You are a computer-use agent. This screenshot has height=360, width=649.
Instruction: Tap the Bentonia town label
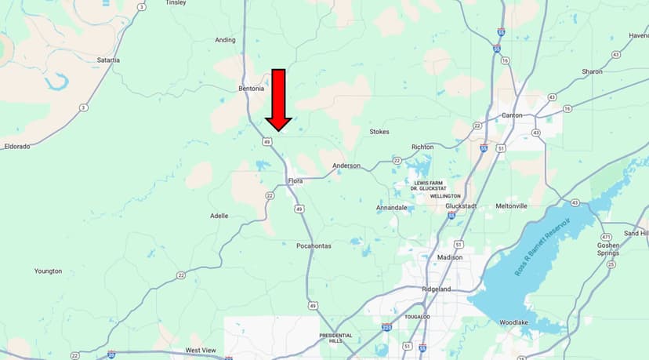(253, 89)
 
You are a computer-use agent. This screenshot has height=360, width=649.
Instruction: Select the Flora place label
(295, 181)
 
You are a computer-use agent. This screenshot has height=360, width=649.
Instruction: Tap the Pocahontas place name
(315, 245)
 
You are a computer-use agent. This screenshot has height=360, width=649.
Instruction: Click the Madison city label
(450, 257)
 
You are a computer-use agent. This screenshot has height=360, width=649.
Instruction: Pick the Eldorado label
(16, 146)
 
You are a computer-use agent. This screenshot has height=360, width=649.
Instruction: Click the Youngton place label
(48, 271)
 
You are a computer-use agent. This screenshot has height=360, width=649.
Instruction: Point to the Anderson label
(346, 165)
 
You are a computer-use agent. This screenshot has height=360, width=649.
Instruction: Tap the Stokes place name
(379, 132)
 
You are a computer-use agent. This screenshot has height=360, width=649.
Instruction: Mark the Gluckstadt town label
(461, 205)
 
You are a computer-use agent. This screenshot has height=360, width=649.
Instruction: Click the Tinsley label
(176, 3)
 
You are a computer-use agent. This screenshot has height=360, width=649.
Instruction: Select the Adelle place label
(219, 215)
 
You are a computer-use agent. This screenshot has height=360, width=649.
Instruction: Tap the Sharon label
(592, 71)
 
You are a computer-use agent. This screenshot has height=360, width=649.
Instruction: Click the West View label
(201, 350)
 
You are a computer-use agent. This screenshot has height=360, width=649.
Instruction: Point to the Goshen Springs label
(607, 249)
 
